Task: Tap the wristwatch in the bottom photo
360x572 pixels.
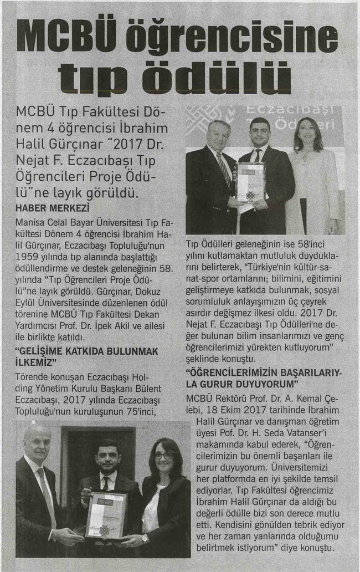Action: click(x=145, y=538)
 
